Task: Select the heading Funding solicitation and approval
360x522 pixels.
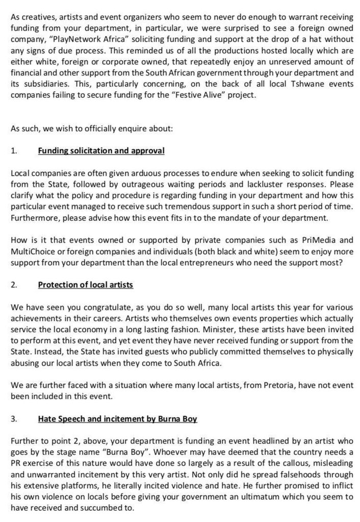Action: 101,151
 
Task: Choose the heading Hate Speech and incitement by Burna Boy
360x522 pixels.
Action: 117,419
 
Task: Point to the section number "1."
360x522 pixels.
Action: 14,151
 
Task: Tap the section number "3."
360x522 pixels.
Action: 14,419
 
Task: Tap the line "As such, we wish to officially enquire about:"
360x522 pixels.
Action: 92,127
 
